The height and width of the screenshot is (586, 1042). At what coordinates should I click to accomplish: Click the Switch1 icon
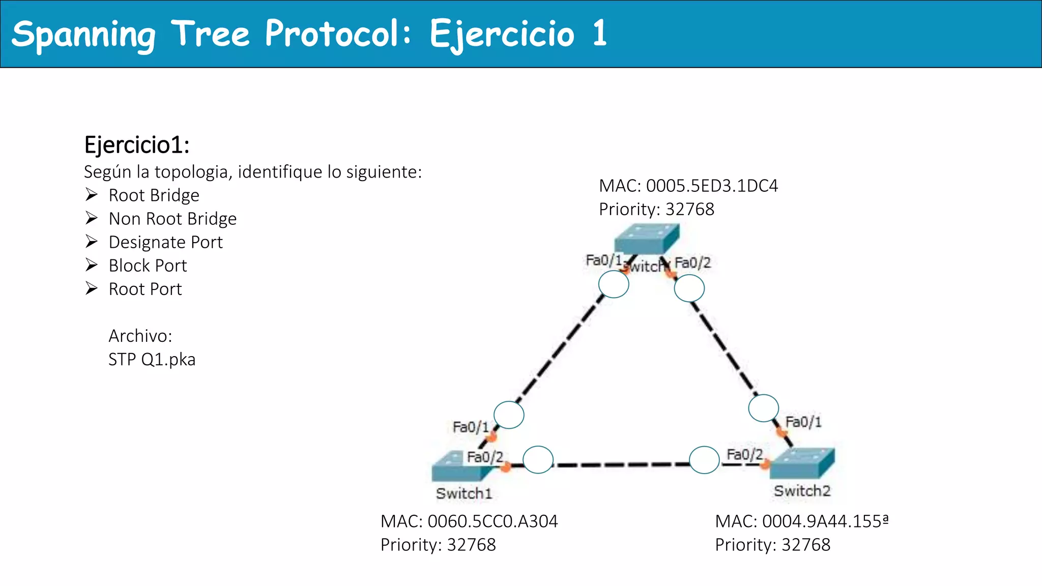click(458, 467)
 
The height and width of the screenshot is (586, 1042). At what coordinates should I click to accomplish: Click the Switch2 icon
click(802, 463)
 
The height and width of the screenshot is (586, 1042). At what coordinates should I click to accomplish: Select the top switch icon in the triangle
click(646, 239)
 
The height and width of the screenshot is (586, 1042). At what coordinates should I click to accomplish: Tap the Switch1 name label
click(464, 493)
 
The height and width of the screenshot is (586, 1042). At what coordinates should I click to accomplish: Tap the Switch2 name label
click(802, 491)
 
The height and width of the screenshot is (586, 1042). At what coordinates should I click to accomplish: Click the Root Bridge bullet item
click(154, 195)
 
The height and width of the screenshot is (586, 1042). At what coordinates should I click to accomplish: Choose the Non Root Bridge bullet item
click(172, 219)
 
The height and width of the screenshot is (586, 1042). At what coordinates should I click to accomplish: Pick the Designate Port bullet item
click(165, 242)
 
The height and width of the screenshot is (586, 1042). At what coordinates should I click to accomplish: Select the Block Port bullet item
click(148, 266)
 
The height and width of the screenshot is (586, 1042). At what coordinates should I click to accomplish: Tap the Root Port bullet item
click(145, 289)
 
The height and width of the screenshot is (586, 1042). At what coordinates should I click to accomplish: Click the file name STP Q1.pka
click(152, 360)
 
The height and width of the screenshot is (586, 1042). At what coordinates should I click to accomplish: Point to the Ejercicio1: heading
click(137, 145)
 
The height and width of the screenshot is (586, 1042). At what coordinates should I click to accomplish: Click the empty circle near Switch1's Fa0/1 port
click(509, 415)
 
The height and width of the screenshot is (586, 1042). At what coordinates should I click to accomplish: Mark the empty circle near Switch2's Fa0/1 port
click(763, 408)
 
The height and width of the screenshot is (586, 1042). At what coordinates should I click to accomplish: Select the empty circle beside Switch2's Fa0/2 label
click(704, 460)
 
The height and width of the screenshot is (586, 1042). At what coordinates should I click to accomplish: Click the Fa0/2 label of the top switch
click(692, 263)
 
